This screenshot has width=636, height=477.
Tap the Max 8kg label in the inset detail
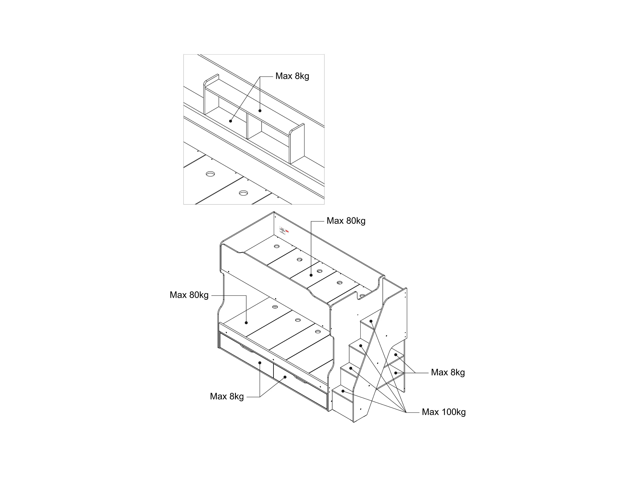pos(292,76)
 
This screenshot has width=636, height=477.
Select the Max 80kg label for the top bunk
pos(346,221)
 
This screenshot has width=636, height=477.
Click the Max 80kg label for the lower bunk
pos(189,295)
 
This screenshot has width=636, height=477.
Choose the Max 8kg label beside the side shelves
pos(448,373)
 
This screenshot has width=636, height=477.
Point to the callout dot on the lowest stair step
pos(343,391)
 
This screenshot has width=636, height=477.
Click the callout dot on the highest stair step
pos(371,321)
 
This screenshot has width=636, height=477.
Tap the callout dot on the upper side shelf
pos(396,355)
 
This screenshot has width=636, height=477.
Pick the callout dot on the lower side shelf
pos(396,373)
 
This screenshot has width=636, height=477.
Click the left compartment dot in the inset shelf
pos(230,121)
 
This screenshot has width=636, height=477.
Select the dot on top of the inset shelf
pos(260,111)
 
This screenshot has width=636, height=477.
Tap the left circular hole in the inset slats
pos(210,174)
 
